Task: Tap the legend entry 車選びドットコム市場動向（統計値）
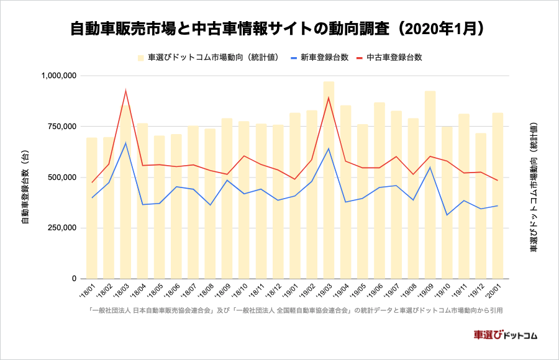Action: click(212, 58)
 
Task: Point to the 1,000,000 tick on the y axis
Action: click(58, 76)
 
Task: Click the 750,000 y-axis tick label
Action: click(61, 127)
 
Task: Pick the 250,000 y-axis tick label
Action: click(61, 228)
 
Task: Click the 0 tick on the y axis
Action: click(73, 279)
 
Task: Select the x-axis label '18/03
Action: click(121, 290)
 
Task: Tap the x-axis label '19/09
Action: click(426, 290)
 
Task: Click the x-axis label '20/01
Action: click(494, 290)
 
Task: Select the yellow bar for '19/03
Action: click(329, 180)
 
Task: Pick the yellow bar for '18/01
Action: click(91, 208)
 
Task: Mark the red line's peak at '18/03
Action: click(125, 91)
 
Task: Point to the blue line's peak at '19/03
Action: click(329, 148)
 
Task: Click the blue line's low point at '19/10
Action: click(447, 215)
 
